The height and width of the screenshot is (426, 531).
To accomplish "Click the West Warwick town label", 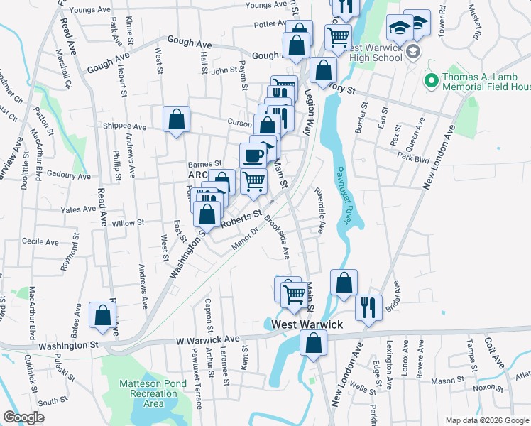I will pyautogui.click(x=307, y=324).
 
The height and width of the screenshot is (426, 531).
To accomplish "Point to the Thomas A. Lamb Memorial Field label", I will pyautogui.click(x=486, y=82).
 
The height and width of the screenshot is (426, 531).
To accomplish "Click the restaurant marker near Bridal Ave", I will pyautogui.click(x=368, y=308).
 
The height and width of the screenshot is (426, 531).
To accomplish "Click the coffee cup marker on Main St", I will pyautogui.click(x=253, y=155).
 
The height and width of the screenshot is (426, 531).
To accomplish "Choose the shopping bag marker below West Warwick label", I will pyautogui.click(x=313, y=345).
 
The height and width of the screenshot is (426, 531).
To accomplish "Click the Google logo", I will pyautogui.click(x=23, y=417).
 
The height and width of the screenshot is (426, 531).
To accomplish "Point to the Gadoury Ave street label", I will pyautogui.click(x=68, y=175).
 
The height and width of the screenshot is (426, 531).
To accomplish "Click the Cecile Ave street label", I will pyautogui.click(x=40, y=241).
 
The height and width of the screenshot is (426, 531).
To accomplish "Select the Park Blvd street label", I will pyautogui.click(x=415, y=160).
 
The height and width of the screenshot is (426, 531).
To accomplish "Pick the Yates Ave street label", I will pyautogui.click(x=78, y=209).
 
